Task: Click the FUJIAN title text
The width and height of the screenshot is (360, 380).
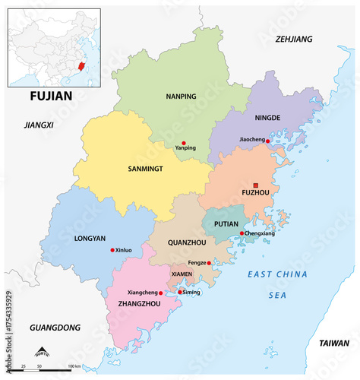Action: (51, 96)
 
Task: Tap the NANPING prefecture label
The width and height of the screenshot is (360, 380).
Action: (181, 97)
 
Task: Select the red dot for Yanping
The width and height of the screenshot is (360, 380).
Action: (184, 142)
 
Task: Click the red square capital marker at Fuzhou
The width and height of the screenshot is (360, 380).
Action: (256, 185)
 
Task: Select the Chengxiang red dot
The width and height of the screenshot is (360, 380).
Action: (242, 233)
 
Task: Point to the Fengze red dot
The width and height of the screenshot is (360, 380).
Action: (209, 263)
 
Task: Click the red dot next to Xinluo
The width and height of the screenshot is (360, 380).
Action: (112, 250)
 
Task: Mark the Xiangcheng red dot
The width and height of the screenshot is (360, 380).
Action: (160, 293)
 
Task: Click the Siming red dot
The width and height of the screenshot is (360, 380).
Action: (180, 292)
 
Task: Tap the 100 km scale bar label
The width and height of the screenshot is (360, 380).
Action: (74, 367)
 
